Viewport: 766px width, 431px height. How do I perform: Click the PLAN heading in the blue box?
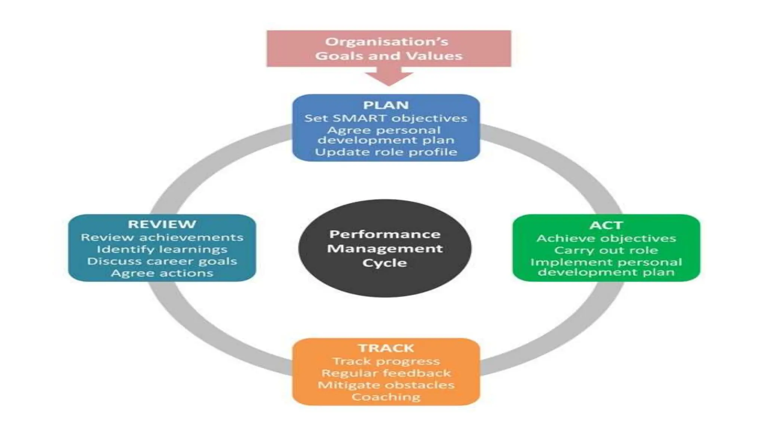386,105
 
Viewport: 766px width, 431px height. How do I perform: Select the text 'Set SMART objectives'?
386,118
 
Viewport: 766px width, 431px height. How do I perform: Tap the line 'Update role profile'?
386,152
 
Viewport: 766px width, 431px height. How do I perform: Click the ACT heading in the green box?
606,225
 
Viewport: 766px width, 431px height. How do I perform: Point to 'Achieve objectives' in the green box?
606,238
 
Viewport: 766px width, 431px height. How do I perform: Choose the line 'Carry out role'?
606,250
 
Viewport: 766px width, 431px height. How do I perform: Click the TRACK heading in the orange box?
386,348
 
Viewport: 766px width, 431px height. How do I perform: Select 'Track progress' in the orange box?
386,361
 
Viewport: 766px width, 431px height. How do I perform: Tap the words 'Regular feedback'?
386,373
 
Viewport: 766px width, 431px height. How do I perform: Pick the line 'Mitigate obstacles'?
386,385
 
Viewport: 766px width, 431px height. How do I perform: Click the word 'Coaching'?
386,397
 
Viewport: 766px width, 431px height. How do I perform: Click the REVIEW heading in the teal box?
162,224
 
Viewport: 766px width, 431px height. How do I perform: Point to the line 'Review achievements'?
162,237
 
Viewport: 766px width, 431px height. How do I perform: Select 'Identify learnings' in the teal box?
162,249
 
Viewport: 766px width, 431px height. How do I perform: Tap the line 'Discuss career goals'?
162,261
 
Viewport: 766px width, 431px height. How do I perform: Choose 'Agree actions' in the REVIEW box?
162,273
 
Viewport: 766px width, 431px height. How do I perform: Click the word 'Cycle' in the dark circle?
384,263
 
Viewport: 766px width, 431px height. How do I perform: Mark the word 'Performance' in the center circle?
384,234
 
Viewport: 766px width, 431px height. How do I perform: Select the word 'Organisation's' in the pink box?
386,42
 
